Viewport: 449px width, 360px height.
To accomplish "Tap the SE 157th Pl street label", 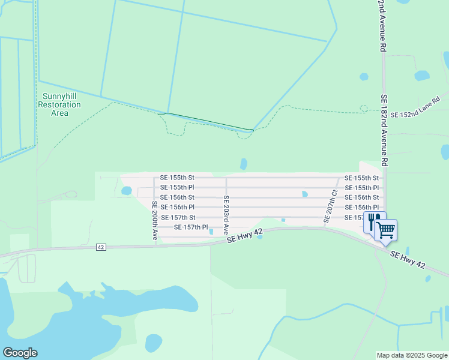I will coord(191,227).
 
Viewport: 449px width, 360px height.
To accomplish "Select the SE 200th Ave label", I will coord(154,221).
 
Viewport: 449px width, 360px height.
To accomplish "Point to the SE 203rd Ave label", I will coord(226,214).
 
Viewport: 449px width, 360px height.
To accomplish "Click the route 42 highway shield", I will coord(101,247).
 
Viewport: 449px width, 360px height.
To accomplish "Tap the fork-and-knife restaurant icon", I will coord(372,221).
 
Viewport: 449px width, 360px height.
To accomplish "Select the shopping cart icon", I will coord(386,230).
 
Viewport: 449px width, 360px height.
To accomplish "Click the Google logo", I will coord(20,353).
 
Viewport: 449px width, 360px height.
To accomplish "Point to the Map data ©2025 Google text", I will coord(411,355).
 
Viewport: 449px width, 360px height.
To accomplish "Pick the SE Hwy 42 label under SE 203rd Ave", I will coord(245,235).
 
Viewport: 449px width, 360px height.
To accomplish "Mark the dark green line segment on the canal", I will coord(209,121).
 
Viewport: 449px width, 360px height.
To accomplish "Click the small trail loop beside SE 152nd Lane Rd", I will coord(363,108).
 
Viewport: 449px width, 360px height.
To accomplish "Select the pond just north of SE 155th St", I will coord(243,164).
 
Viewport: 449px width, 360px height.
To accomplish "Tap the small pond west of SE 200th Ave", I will coord(126,191).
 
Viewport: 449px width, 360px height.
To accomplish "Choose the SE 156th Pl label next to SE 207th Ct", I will coord(361,207).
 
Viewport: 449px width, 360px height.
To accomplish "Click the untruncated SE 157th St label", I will coord(178,217).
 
